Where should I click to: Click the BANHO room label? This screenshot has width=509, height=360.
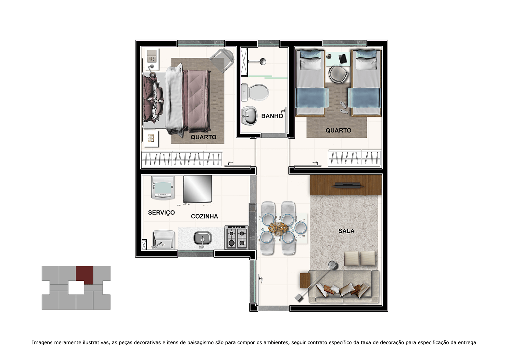(272, 116)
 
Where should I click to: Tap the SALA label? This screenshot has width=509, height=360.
(346, 231)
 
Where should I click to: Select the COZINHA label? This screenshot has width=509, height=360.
(204, 216)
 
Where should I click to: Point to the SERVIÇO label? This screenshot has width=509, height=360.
(161, 213)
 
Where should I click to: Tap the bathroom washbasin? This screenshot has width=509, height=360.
(249, 116)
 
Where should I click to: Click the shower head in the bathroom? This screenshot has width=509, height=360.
(263, 61)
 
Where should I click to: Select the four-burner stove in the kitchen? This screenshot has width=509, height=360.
(236, 237)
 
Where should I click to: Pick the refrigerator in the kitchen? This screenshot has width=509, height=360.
(198, 189)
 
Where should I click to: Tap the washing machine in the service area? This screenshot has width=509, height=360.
(163, 188)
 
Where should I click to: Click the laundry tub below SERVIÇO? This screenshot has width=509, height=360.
(163, 239)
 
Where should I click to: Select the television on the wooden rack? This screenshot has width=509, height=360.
(346, 185)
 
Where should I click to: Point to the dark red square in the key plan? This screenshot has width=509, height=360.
(84, 275)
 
